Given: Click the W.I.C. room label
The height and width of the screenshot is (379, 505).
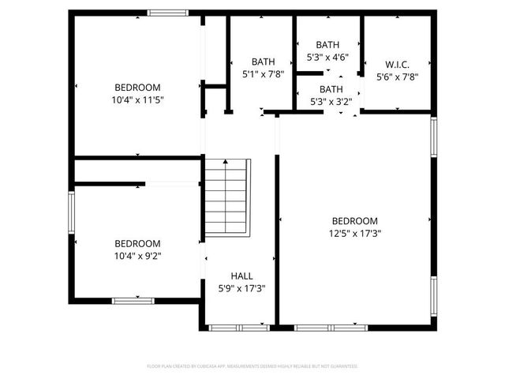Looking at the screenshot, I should coord(397,64).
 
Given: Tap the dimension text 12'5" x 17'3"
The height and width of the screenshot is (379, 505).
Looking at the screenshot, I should coord(354,234).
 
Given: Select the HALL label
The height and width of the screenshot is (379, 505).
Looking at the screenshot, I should coord(241,276).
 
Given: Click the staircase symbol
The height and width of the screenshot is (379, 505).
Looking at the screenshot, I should coord(227,197).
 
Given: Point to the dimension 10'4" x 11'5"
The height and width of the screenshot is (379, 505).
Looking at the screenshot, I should coord(137,99).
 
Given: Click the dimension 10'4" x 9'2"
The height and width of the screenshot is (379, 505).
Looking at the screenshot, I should coord(137,256).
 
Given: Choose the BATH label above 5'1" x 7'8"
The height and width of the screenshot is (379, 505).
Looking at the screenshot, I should coord(263,62).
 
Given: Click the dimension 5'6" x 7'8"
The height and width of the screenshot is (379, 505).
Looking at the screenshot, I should coord(397,77).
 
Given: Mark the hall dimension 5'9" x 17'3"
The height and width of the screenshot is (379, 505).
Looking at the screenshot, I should coord(241,289).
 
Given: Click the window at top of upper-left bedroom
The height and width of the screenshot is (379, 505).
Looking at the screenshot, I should coord(168,13).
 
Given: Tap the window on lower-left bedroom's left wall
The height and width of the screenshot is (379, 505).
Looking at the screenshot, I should coord(71,213).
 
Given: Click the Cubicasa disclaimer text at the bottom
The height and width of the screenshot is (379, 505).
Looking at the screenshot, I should coord(252,366).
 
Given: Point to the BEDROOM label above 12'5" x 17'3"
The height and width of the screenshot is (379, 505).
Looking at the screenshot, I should coord(354,221).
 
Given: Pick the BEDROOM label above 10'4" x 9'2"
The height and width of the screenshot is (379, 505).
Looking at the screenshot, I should coord(137,243).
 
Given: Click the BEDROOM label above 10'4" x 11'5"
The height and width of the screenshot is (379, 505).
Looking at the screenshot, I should coord(137,87).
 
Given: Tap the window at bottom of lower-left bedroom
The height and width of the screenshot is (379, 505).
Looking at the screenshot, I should coord(132,301).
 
